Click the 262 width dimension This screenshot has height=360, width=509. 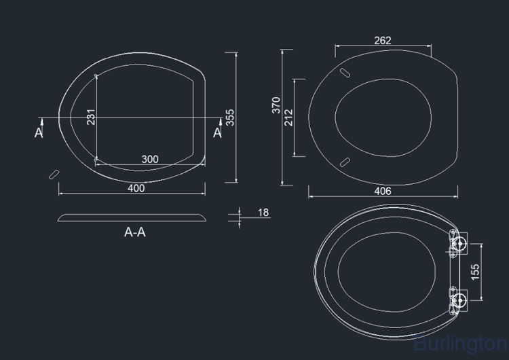pyautogui.click(x=383, y=41)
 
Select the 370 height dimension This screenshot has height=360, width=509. pyautogui.click(x=276, y=105)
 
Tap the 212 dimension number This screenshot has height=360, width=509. pyautogui.click(x=288, y=118)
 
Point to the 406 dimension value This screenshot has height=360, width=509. pyautogui.click(x=383, y=191)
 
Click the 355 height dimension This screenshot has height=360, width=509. pyautogui.click(x=229, y=118)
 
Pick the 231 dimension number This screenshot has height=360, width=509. pyautogui.click(x=91, y=117)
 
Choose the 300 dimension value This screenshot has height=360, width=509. pyautogui.click(x=150, y=159)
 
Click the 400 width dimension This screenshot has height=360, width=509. pyautogui.click(x=136, y=188)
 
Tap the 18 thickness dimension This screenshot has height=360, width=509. pyautogui.click(x=263, y=213)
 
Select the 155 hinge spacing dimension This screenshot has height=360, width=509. pyautogui.click(x=474, y=272)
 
